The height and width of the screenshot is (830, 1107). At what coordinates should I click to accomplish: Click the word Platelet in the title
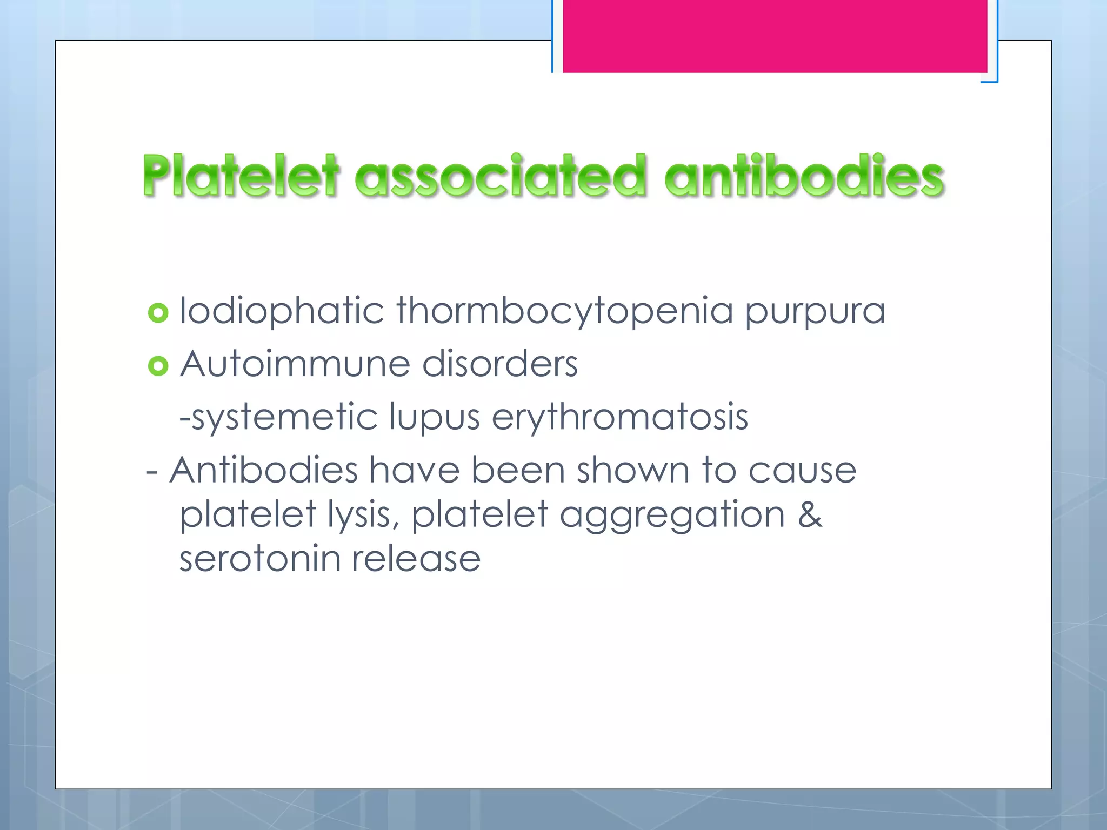(x=241, y=176)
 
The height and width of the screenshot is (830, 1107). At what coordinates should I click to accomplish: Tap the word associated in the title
(x=501, y=176)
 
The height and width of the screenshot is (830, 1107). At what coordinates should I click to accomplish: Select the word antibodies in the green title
(x=804, y=176)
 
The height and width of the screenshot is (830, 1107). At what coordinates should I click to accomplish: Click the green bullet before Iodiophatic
(x=158, y=313)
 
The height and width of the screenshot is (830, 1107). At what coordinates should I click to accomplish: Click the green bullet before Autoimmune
(x=158, y=366)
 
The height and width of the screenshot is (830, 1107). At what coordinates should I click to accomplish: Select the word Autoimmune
(x=295, y=364)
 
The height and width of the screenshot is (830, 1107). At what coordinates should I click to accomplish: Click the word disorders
(x=500, y=364)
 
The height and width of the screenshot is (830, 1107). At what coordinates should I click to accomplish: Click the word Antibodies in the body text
(x=264, y=470)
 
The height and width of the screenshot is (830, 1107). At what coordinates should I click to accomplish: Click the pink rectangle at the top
(x=775, y=36)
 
